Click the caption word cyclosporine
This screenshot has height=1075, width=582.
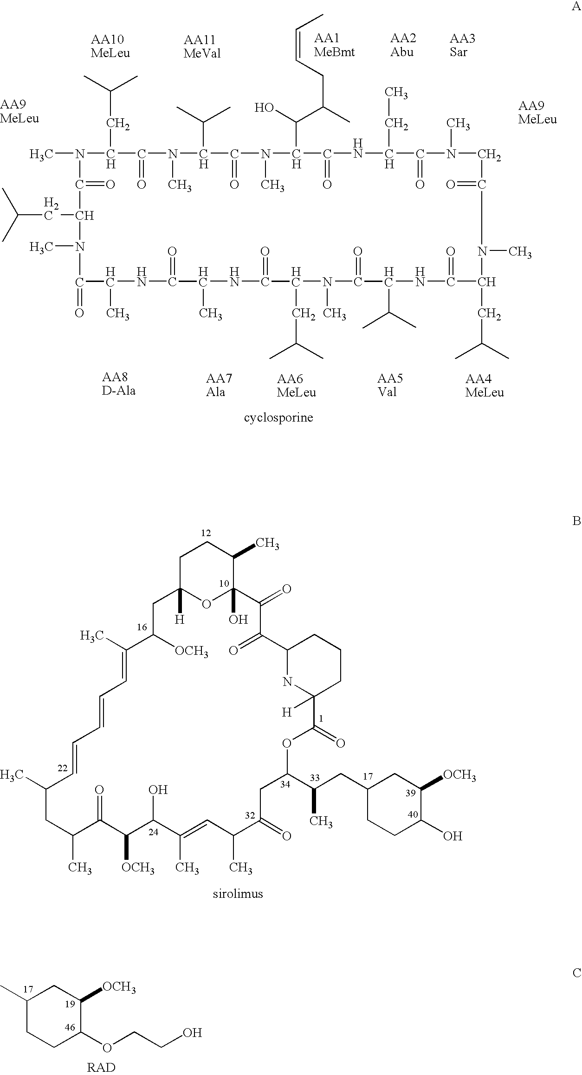tap(278, 418)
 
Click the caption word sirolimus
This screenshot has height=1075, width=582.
tap(238, 894)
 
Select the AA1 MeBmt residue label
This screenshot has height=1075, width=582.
tap(334, 45)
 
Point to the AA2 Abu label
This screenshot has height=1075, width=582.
tap(403, 45)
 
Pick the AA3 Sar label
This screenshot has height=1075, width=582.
tap(462, 45)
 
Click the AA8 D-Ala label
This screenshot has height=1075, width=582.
tap(119, 384)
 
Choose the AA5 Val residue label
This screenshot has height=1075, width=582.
tap(390, 385)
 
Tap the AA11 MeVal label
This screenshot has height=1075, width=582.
tap(201, 46)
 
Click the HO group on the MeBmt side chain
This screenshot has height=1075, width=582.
tap(264, 109)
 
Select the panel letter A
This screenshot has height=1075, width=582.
tap(576, 6)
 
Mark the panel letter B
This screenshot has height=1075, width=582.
tap(576, 521)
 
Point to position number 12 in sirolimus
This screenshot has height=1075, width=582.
tap(206, 533)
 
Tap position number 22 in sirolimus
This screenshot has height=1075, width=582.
tap(62, 768)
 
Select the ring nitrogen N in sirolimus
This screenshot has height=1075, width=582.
tap(288, 681)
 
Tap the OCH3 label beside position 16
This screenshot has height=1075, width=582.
tap(191, 652)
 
